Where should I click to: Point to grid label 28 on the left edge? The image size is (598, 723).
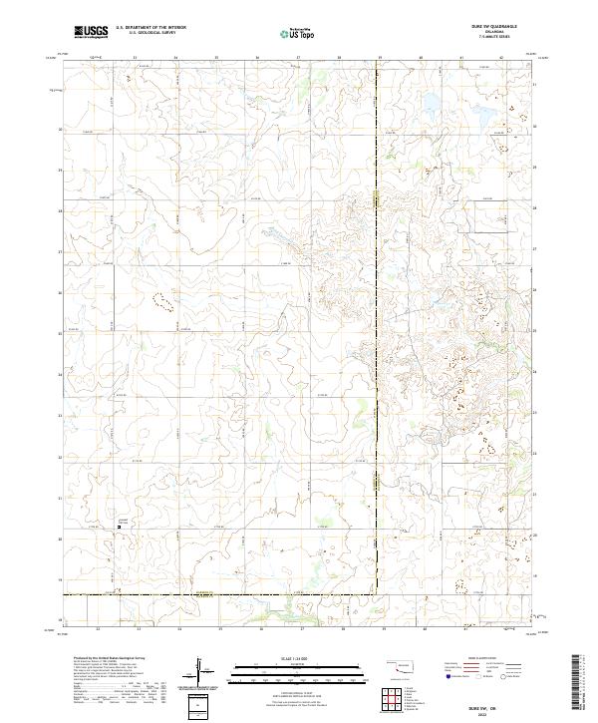(x=61, y=210)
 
